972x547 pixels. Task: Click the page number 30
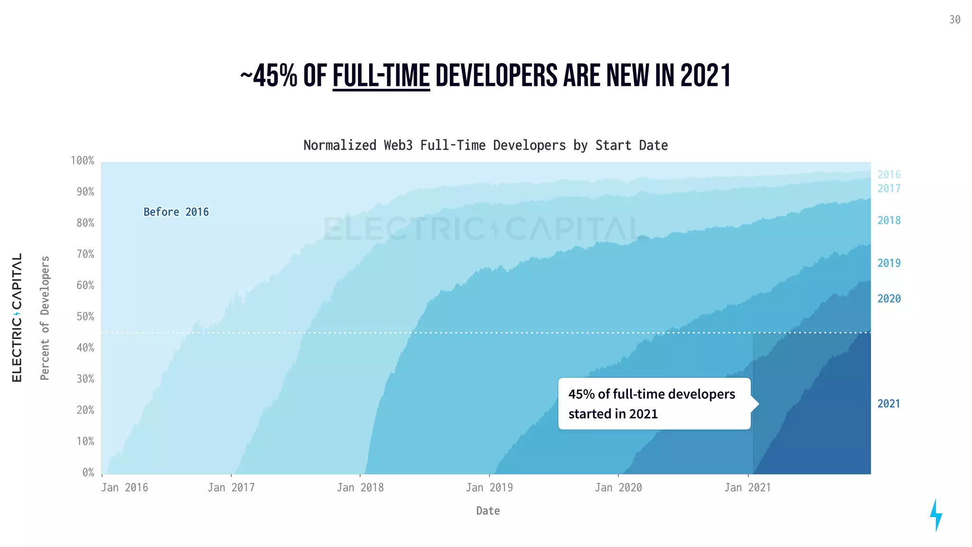954,20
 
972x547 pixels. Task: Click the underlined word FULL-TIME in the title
381,76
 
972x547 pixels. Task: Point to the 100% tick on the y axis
83,160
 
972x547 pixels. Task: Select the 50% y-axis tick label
85,317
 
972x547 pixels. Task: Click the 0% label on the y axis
88,472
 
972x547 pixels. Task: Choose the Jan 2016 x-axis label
124,488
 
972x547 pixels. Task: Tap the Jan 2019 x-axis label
489,488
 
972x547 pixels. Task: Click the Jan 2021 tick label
747,488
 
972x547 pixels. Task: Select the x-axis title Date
487,511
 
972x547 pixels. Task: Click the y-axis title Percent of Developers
45,318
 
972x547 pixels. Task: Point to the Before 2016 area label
176,212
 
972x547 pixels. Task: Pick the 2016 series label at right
888,175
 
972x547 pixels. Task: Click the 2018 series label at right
888,220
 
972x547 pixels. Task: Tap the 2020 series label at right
888,299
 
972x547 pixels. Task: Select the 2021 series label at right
888,404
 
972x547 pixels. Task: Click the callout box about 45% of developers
654,404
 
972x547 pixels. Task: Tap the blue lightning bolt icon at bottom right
935,515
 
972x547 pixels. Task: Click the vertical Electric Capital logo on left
17,317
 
